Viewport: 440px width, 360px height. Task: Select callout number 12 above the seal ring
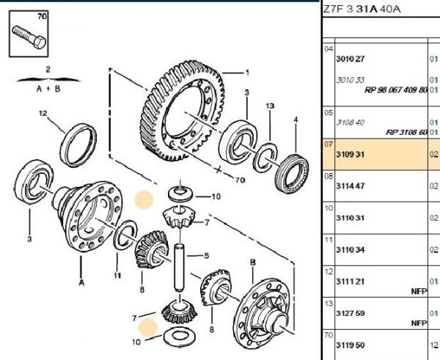pos(43,113)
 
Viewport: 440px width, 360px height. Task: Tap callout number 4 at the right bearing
pos(296,120)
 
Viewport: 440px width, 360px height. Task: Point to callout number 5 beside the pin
pos(207,256)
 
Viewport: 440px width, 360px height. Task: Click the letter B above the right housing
pos(252,262)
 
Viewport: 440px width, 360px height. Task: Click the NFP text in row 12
pos(418,290)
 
